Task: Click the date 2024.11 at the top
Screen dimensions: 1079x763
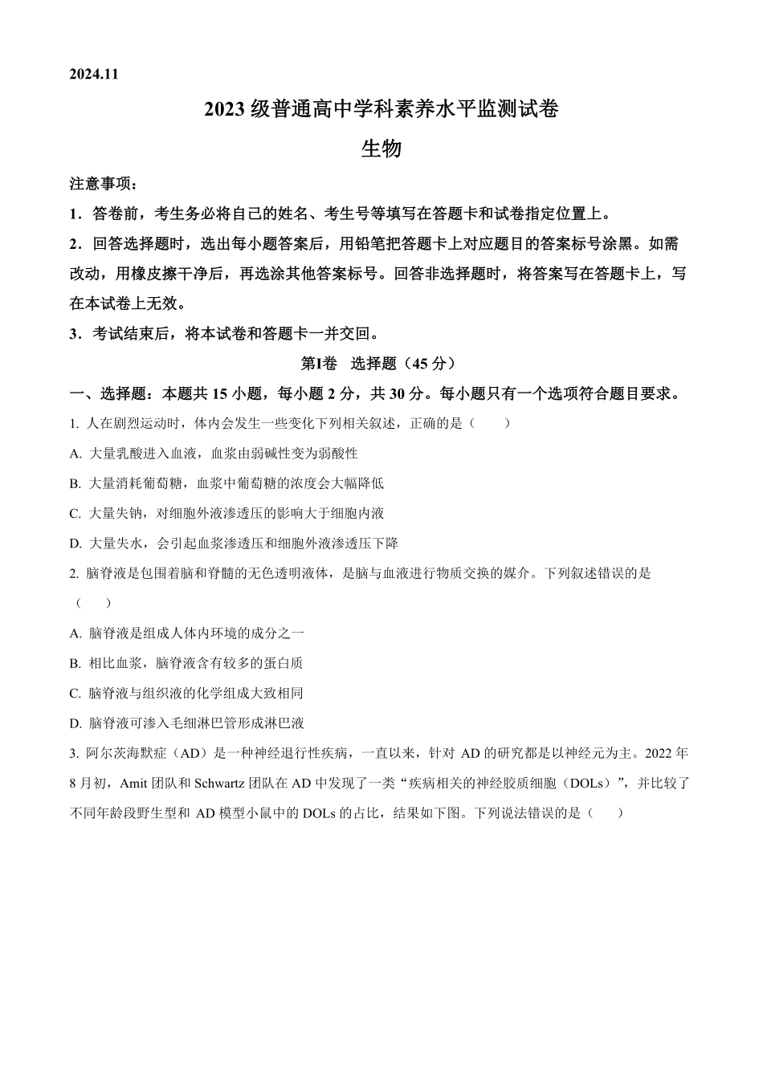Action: coord(94,74)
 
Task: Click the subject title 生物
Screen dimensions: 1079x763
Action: coord(381,149)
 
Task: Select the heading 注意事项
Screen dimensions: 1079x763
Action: coord(103,184)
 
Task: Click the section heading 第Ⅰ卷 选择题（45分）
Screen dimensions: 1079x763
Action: coord(378,364)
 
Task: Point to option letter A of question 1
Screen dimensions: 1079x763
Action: coord(75,454)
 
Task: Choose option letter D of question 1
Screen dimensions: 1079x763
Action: coord(75,544)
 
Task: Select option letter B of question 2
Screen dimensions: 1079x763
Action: coord(75,663)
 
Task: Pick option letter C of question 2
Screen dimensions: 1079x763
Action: coord(75,694)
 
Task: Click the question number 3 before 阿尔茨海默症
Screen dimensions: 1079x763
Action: coord(73,754)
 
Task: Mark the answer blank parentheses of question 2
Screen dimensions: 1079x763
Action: coord(92,604)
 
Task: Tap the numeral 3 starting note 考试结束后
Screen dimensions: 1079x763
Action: coord(74,334)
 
